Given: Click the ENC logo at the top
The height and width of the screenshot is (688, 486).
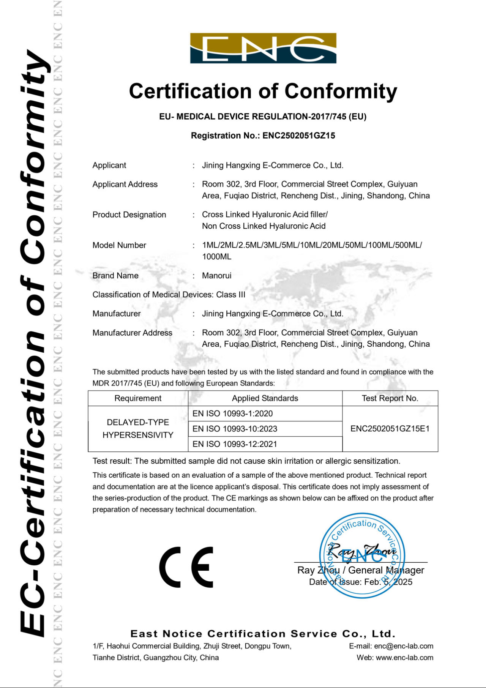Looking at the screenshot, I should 263,48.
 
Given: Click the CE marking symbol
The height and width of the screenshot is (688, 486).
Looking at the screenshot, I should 186,567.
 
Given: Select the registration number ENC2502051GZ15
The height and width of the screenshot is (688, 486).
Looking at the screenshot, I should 299,136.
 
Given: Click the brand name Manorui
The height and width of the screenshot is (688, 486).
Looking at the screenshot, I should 216,276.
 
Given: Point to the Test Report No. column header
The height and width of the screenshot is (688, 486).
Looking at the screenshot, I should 390,398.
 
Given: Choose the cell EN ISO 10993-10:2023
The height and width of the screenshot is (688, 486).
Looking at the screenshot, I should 235,429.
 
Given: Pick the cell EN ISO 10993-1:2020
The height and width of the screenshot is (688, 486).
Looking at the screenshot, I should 233,414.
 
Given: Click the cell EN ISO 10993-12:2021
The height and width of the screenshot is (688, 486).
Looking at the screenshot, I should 235,444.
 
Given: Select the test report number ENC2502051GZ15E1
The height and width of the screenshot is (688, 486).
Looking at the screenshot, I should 390,429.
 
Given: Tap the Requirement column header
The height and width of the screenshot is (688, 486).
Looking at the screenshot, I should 138,398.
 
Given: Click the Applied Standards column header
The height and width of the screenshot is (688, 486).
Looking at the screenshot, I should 265,398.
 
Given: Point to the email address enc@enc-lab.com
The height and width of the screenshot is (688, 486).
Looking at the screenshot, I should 404,646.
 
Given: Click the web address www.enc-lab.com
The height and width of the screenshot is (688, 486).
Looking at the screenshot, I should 404,658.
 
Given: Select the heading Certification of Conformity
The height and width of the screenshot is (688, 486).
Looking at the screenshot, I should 263,92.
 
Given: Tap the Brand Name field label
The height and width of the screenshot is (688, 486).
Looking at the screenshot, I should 115,276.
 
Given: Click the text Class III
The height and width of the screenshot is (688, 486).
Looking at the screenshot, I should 231,295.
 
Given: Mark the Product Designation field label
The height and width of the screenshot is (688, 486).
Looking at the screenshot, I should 129,215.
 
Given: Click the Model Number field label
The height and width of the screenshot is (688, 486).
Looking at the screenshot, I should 119,245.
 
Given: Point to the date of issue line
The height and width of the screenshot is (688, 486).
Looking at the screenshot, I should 360,582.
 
